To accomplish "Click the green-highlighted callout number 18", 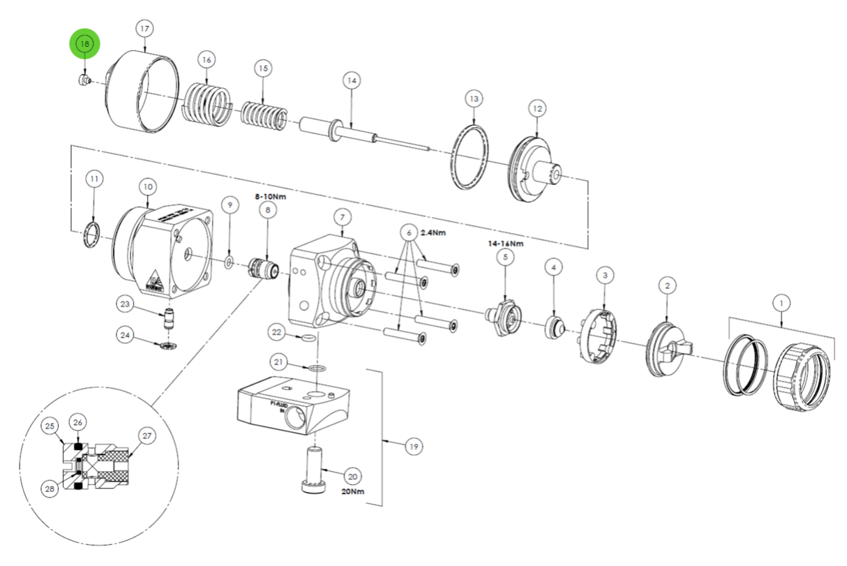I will point(84,44).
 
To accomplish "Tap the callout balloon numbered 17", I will point(144,29).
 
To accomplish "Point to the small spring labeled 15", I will point(263,115).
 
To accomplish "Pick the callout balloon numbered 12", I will point(537,109).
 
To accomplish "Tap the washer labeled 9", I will point(228,262).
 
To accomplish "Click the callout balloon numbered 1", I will point(781,304).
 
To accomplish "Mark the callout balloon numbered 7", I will point(343,218).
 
